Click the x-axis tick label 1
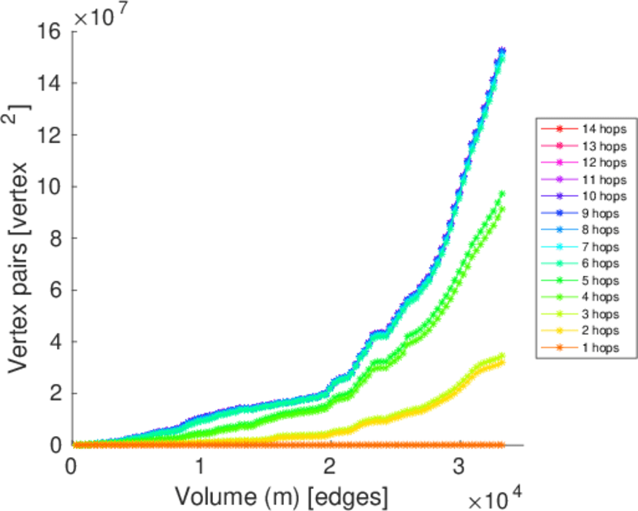[200, 467]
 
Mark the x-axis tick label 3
[459, 467]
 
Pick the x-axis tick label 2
[330, 467]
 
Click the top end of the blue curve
[503, 51]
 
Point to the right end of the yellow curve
[502, 362]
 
